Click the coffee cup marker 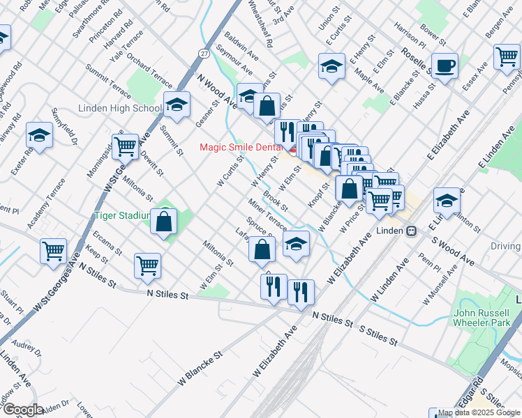pyautogui.click(x=444, y=67)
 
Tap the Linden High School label pyautogui.click(x=119, y=109)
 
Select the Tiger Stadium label pyautogui.click(x=123, y=216)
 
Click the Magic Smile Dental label pyautogui.click(x=241, y=146)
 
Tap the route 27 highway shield pyautogui.click(x=202, y=54)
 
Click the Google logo pyautogui.click(x=23, y=409)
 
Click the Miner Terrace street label pyautogui.click(x=267, y=215)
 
